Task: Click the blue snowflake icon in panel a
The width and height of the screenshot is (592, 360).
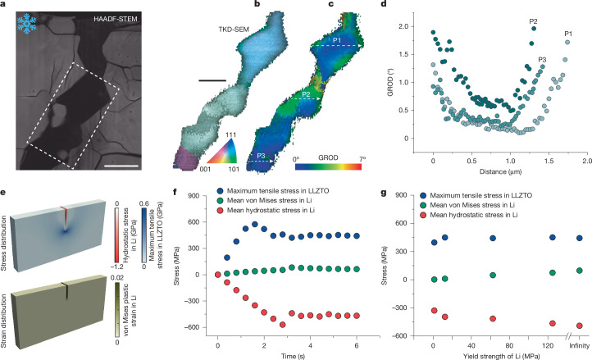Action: click(x=27, y=24)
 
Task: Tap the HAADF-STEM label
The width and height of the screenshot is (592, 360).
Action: click(x=116, y=19)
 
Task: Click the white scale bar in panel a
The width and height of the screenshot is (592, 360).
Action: click(x=121, y=166)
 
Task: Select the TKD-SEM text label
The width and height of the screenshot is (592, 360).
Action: click(x=234, y=29)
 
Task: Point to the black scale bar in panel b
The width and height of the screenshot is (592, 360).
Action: click(x=212, y=80)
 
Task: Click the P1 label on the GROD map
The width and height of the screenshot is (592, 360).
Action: click(x=337, y=39)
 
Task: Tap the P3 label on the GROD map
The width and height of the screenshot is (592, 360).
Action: click(x=261, y=156)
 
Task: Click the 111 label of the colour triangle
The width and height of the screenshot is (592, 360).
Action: click(x=230, y=134)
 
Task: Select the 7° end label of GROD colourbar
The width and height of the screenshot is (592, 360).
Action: click(x=362, y=159)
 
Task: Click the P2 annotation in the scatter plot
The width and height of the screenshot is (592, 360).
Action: click(x=534, y=21)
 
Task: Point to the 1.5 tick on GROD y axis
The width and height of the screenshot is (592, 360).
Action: click(x=403, y=54)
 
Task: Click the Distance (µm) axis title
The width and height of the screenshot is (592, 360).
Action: click(x=501, y=171)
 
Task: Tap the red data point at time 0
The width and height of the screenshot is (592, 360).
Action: click(x=217, y=275)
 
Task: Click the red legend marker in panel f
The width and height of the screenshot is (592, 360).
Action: click(x=221, y=210)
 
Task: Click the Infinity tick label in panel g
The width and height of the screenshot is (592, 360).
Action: click(x=579, y=345)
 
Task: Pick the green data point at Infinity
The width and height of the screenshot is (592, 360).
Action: click(x=579, y=271)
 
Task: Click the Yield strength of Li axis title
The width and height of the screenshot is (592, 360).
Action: click(x=501, y=356)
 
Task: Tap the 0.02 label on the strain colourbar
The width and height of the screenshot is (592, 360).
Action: click(x=117, y=277)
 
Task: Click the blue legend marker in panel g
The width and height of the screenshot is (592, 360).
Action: click(x=424, y=195)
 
